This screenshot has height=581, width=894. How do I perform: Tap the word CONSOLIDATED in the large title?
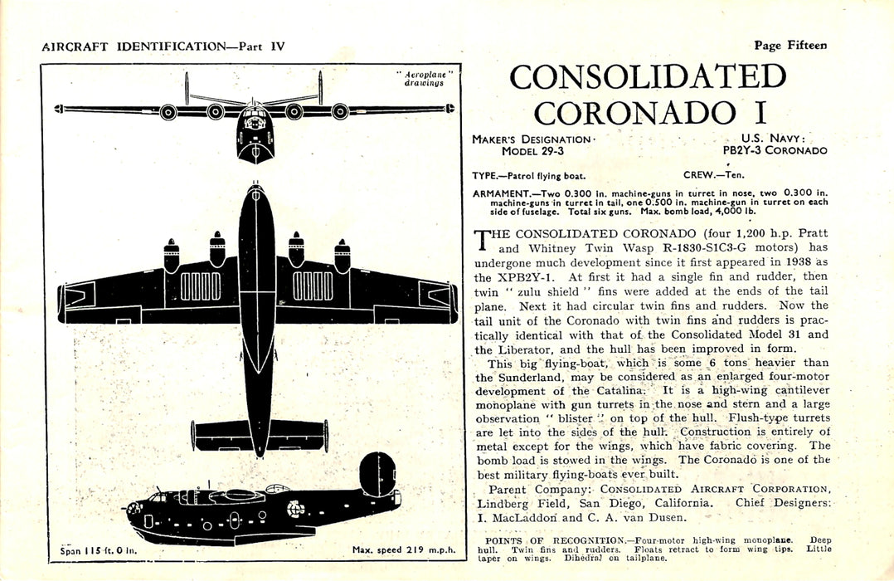(x=648, y=77)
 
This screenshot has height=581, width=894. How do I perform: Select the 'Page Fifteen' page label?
(x=790, y=46)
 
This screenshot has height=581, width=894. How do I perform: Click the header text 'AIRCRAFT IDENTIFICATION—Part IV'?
(x=163, y=46)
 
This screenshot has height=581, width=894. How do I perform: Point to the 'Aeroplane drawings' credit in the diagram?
(x=424, y=79)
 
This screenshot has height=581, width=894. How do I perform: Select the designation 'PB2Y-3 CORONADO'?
(x=775, y=150)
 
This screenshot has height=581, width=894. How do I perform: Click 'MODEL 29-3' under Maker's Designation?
(x=532, y=151)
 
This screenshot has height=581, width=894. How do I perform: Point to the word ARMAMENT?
(x=496, y=193)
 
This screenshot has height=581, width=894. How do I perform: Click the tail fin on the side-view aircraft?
(x=377, y=473)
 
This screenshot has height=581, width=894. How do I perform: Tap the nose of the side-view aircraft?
(x=134, y=507)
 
